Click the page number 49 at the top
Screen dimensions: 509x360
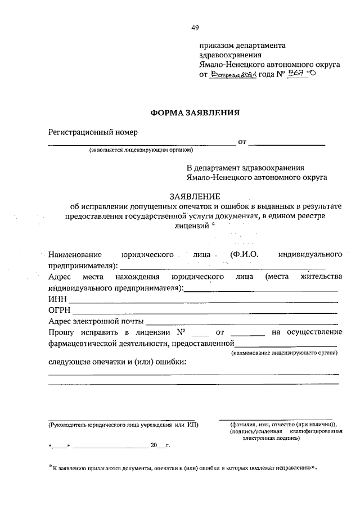195,28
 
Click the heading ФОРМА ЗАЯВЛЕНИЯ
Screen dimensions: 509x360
195,112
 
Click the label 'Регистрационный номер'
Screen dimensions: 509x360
93,132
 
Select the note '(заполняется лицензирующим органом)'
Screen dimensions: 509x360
141,150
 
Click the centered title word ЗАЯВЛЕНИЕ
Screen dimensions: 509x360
195,196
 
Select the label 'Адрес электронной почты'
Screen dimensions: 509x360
96,322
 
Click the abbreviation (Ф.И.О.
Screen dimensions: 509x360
244,255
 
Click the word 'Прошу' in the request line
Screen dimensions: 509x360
61,332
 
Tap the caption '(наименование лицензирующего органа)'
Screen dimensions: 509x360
284,353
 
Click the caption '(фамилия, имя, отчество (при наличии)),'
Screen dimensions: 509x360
279,424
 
